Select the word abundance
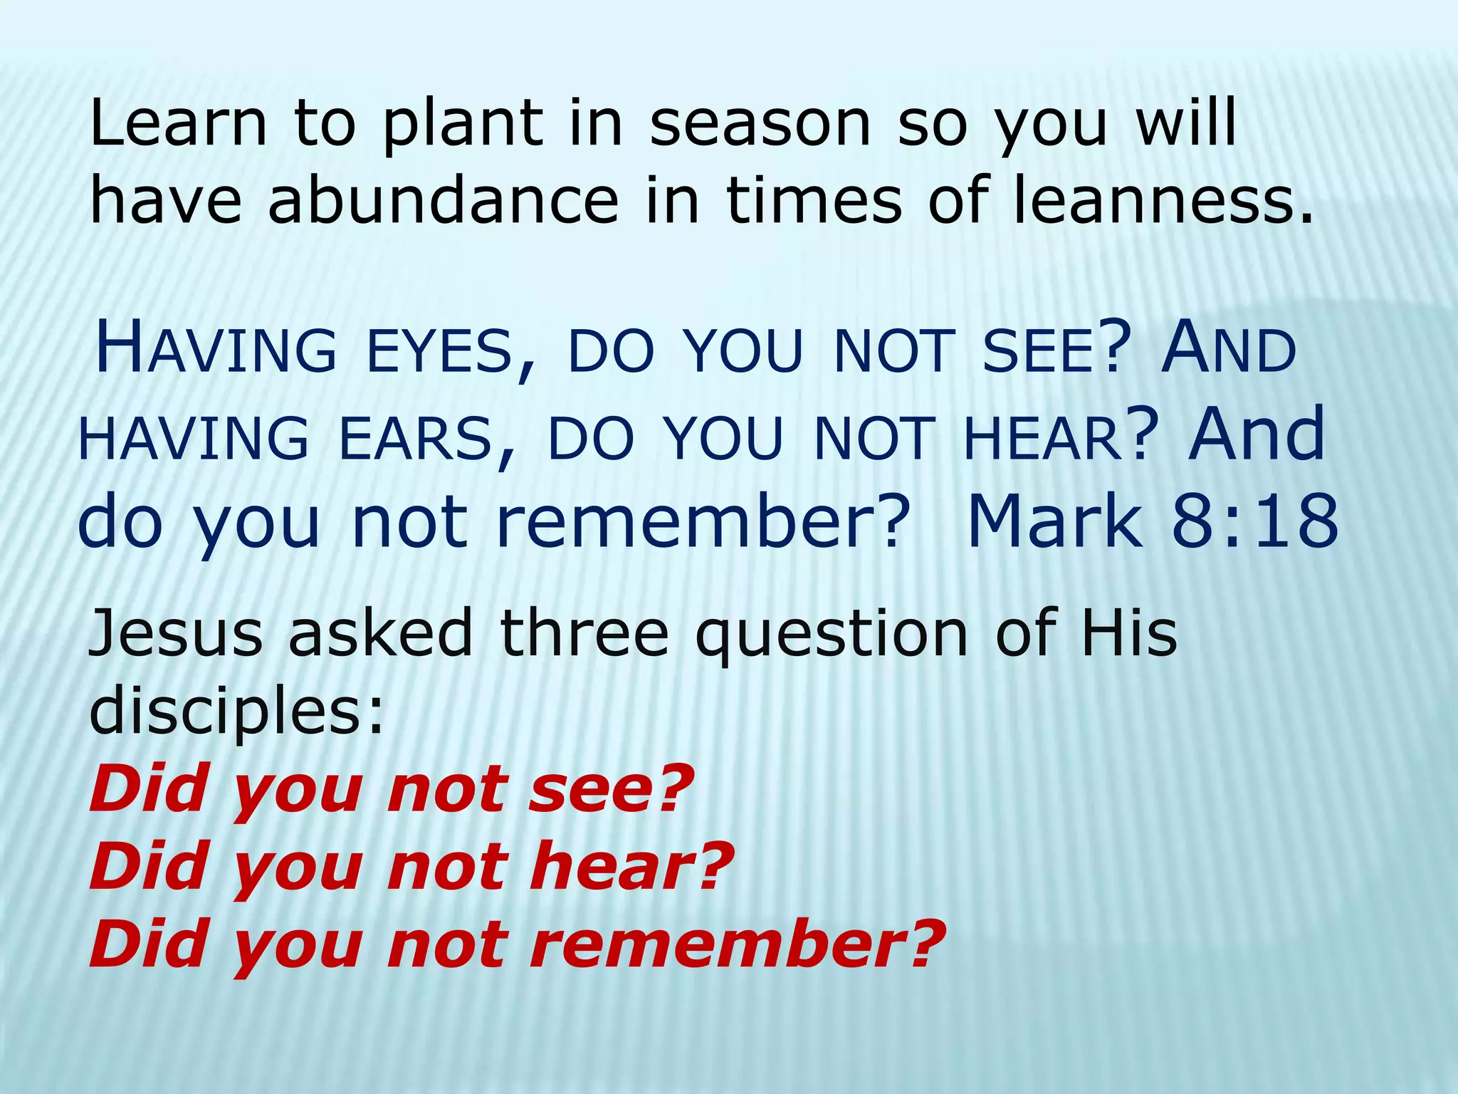[x=443, y=201]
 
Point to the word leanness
[x=1160, y=201]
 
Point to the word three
[x=584, y=634]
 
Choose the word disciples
[x=235, y=712]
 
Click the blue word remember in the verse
[x=701, y=523]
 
